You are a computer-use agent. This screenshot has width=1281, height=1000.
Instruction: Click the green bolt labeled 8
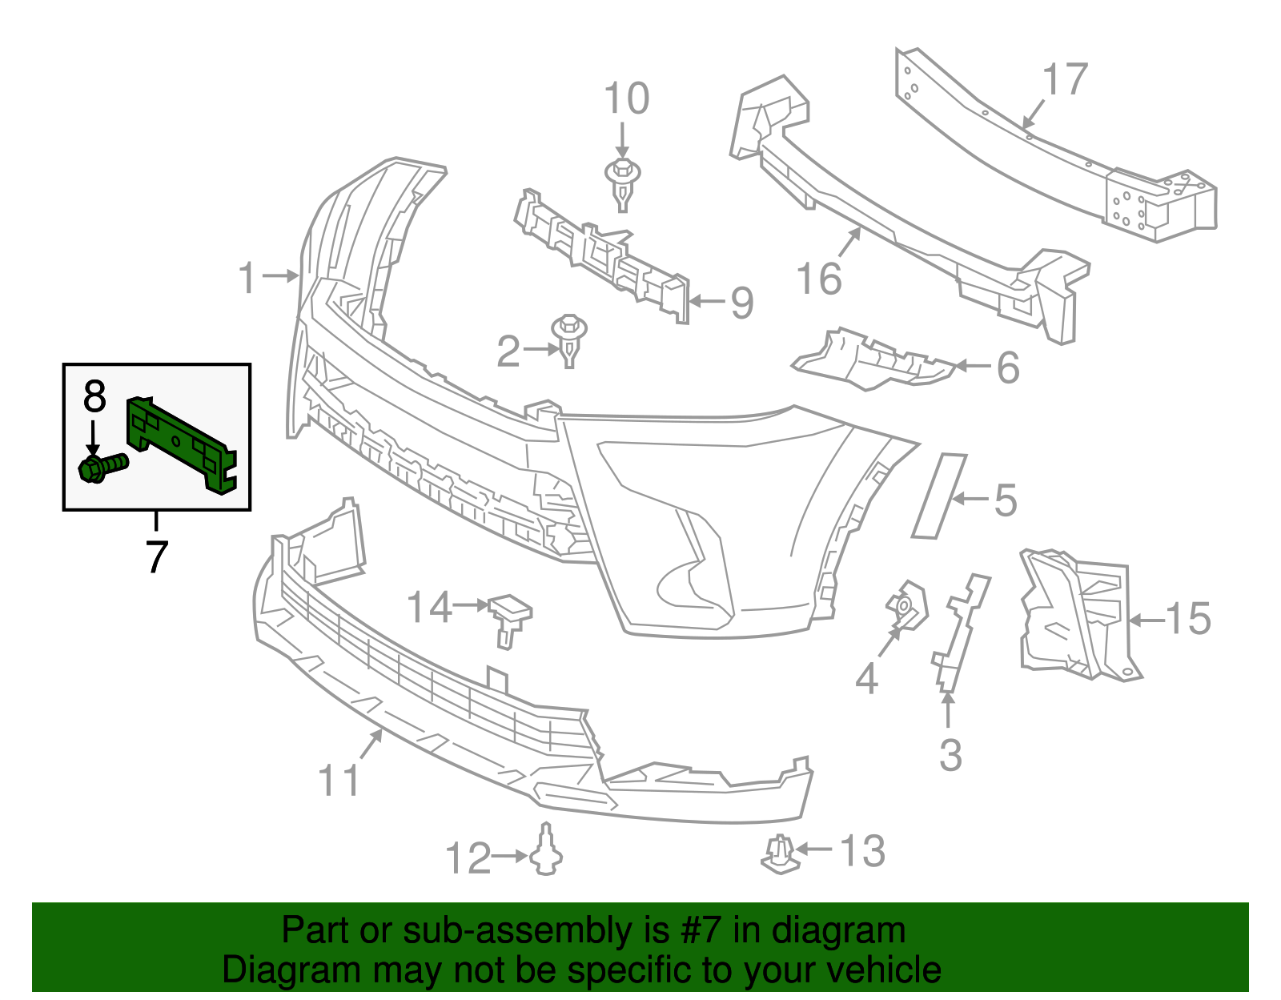(102, 466)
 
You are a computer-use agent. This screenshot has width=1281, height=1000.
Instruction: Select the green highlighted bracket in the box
(180, 444)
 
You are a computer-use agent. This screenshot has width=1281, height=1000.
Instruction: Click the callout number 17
(1065, 80)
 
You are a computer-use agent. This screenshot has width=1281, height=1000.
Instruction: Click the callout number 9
(742, 303)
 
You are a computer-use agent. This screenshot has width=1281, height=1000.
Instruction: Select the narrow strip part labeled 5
(938, 496)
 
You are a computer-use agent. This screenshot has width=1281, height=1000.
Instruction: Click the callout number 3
(950, 755)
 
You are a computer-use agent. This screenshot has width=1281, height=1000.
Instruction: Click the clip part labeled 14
(509, 616)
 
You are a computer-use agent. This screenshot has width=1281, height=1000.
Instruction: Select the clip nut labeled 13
(779, 854)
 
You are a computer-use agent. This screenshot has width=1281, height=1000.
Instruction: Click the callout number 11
(339, 780)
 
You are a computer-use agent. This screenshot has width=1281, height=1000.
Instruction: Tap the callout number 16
(819, 279)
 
